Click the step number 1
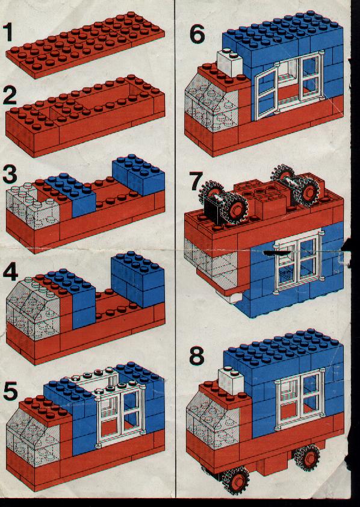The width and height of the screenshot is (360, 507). (8, 33)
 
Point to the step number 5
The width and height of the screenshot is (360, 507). (10, 391)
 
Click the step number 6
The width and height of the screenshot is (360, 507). (197, 34)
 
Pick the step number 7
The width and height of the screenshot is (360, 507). (196, 182)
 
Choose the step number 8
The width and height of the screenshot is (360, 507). (197, 356)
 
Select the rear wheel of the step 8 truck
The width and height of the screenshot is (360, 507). (307, 457)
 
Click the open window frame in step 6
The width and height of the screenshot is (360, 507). (265, 95)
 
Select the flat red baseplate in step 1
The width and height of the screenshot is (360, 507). (85, 45)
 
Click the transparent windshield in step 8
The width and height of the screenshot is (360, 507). (213, 420)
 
